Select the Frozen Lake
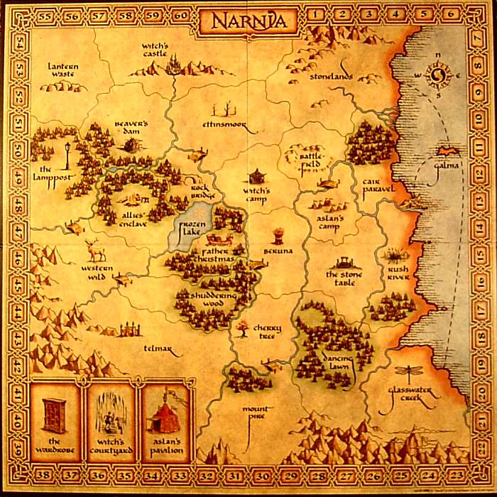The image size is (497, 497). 191,227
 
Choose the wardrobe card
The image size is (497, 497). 55,420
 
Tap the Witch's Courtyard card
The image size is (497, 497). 110,420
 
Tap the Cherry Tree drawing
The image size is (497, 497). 244,327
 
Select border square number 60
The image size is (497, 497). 180,13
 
